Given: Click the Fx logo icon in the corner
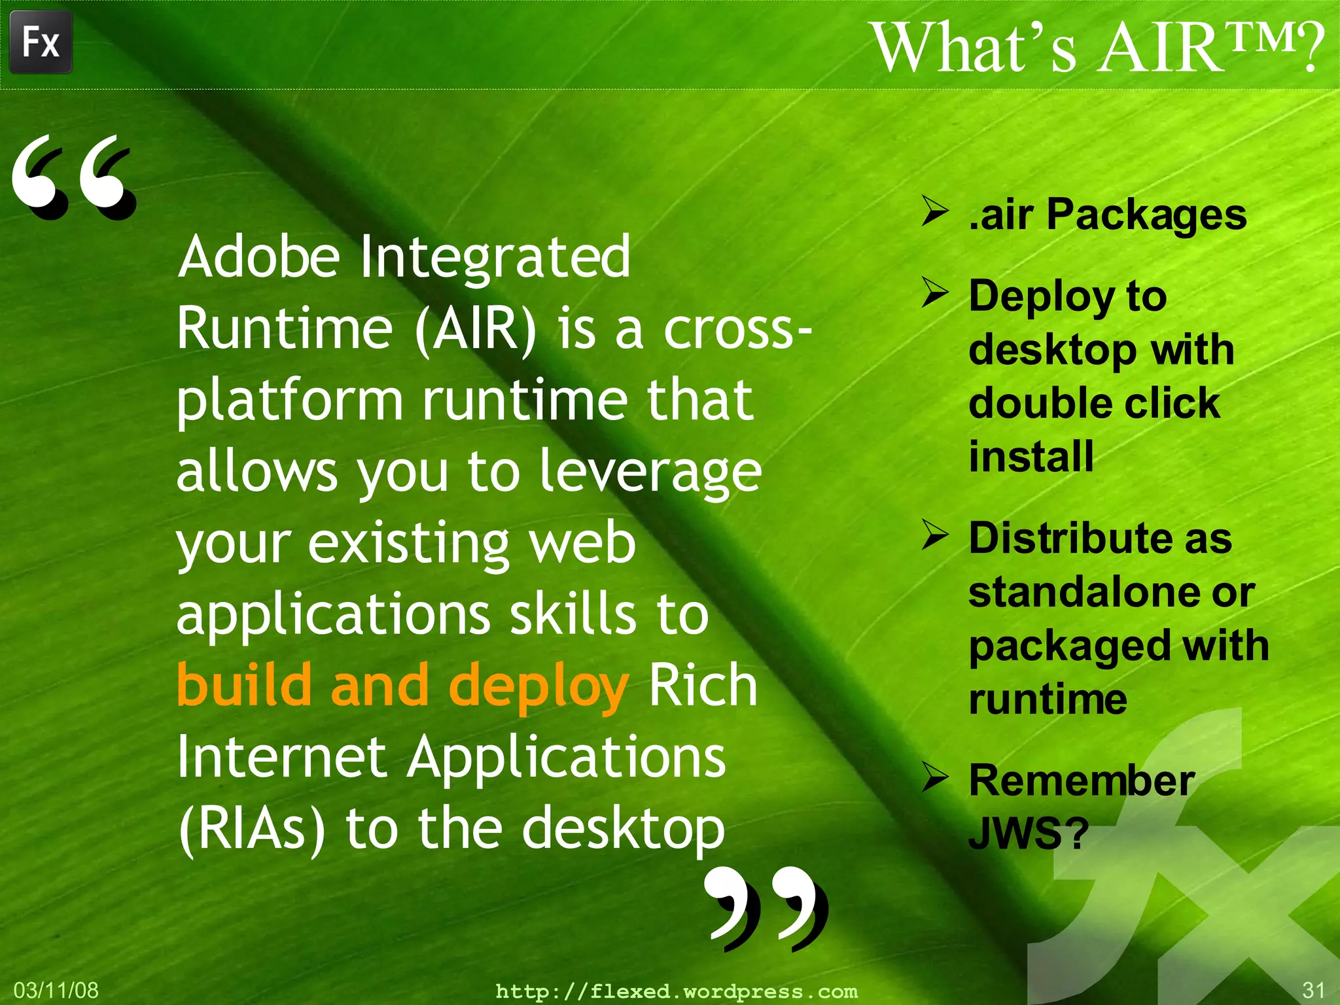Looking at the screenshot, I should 41,42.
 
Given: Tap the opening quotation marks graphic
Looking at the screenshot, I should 73,177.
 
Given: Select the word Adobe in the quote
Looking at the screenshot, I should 259,256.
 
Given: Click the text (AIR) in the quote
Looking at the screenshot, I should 476,328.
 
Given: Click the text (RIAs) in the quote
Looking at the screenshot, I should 252,830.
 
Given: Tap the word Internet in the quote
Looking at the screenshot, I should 282,758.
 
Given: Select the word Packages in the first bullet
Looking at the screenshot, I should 1146,215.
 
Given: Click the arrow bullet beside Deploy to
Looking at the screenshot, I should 935,292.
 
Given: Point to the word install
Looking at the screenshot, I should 1031,456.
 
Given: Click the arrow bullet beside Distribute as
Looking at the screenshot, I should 935,535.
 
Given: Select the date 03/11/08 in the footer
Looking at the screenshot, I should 56,990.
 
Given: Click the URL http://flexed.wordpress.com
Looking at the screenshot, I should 677,991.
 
